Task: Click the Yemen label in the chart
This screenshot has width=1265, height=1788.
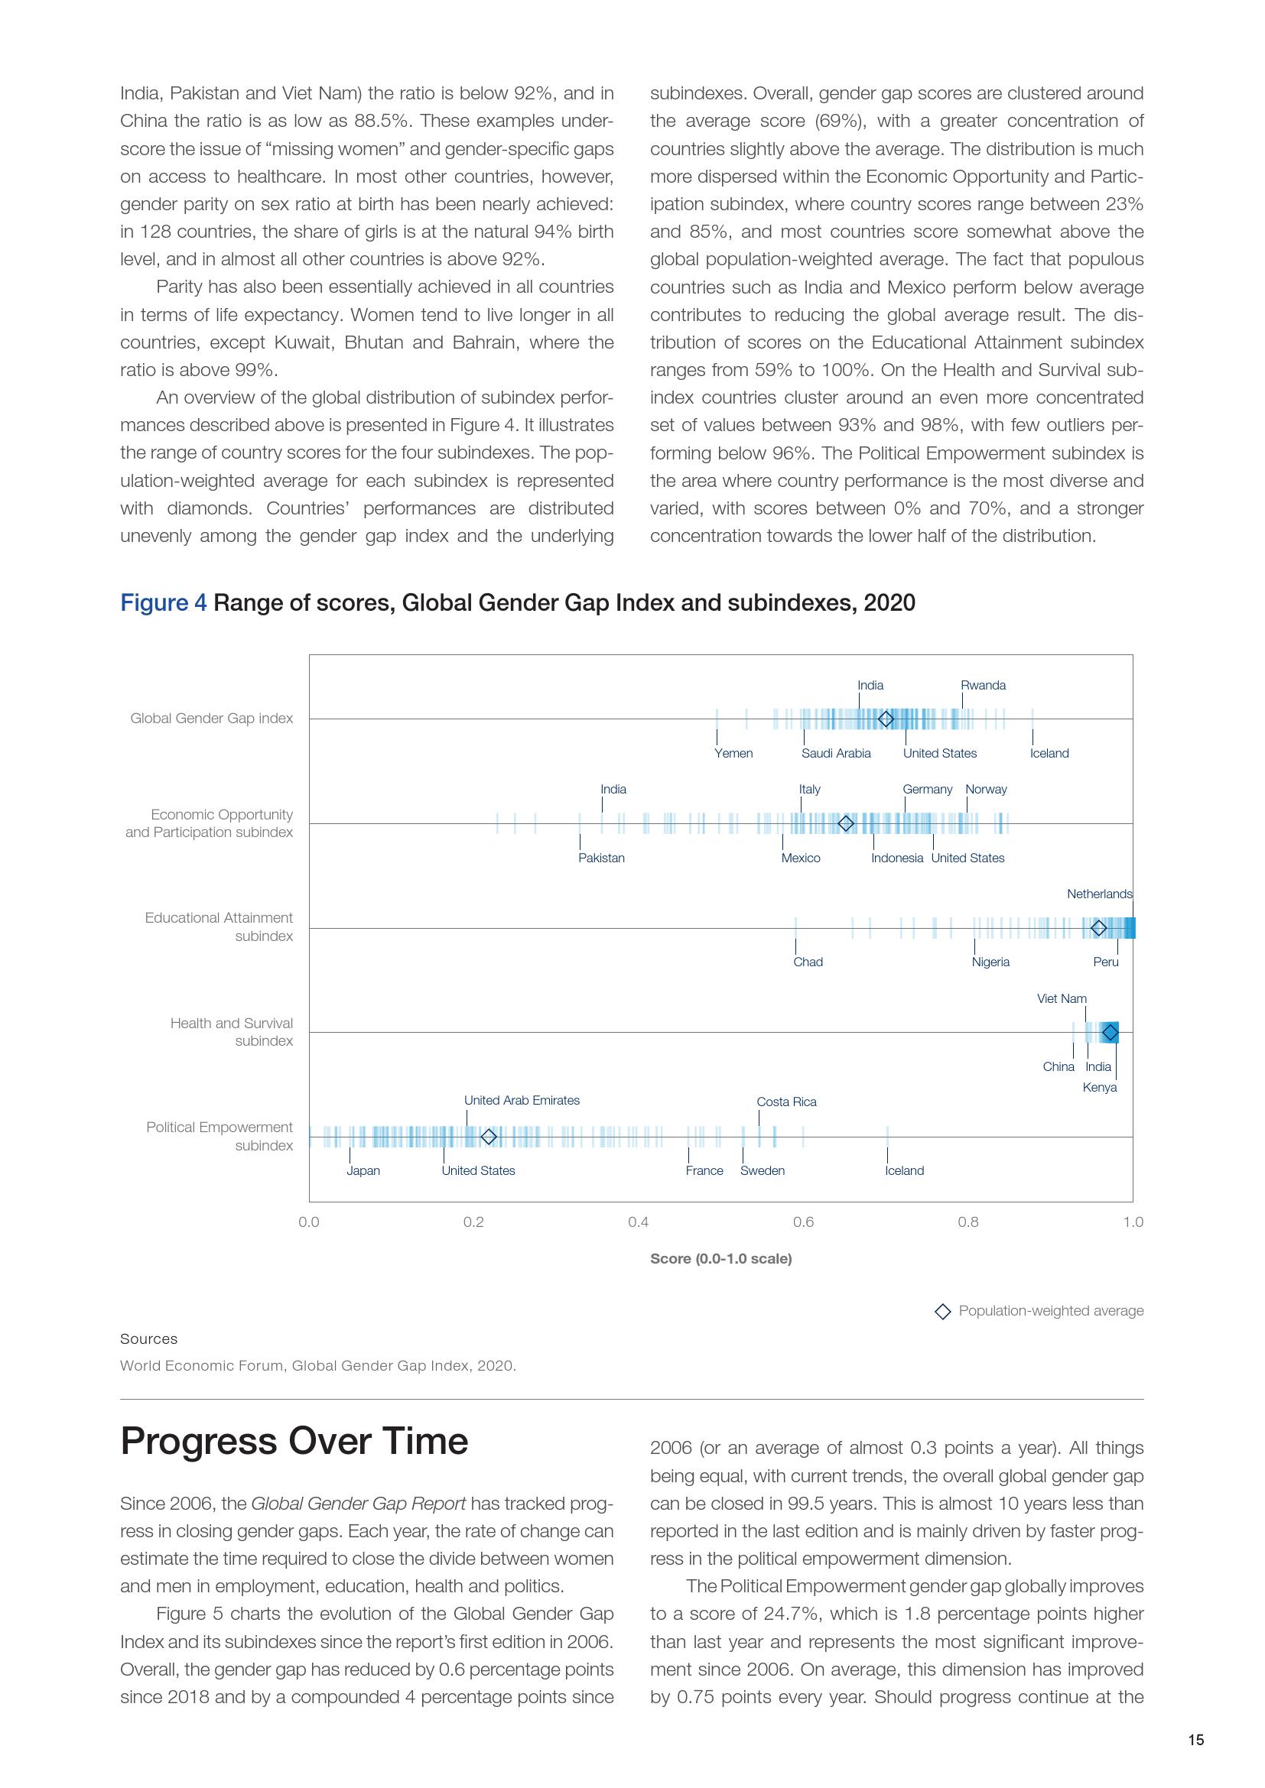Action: pos(733,753)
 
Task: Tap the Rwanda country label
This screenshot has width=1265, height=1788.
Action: pos(982,685)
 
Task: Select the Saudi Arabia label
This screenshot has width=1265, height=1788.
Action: pos(836,753)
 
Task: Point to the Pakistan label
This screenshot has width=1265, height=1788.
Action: pos(600,858)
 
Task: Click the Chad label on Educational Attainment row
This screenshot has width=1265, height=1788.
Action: pos(808,962)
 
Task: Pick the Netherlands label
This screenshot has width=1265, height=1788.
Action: pos(1099,894)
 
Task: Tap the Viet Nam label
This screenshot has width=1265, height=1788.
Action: pos(1061,998)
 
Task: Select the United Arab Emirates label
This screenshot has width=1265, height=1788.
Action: pos(522,1100)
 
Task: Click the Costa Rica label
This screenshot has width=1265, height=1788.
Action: pos(787,1102)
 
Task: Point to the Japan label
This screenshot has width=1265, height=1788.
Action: pos(363,1170)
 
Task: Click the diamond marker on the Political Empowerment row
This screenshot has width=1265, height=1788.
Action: pos(489,1137)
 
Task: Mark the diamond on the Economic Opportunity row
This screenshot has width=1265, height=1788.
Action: pos(846,823)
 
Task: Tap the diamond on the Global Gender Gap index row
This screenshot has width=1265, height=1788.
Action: pos(886,719)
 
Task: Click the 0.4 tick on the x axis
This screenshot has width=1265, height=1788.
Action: pos(638,1222)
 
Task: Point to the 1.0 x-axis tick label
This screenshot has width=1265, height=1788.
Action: pos(1133,1222)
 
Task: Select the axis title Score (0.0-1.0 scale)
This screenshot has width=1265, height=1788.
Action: pos(720,1258)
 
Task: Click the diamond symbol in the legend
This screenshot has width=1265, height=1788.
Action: pos(942,1312)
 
